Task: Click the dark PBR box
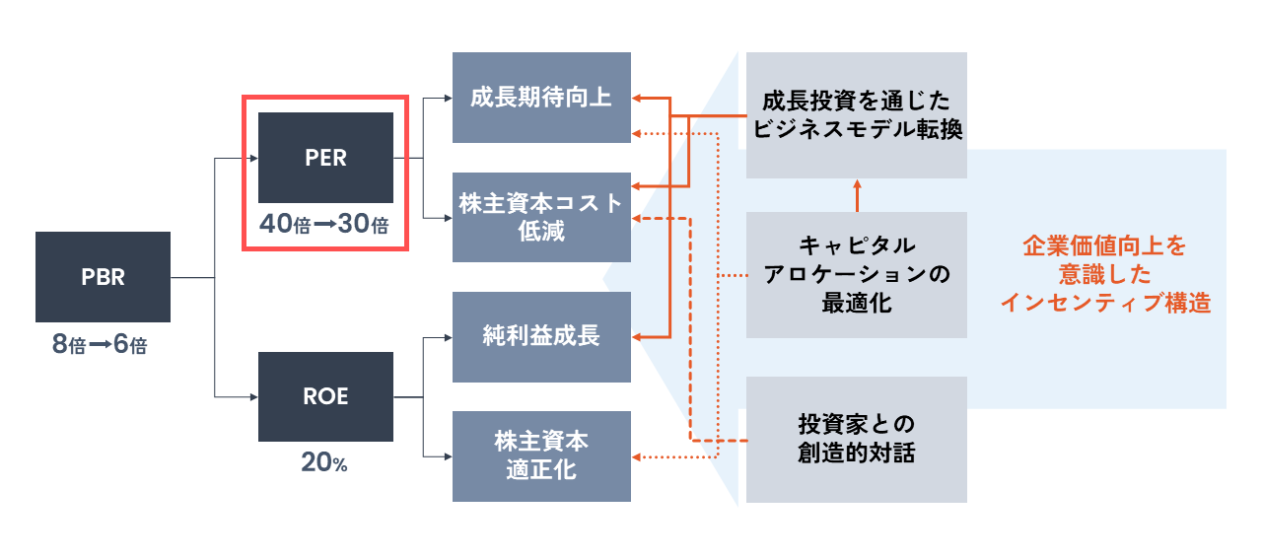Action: [103, 277]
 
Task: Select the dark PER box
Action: [325, 158]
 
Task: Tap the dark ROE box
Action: [325, 396]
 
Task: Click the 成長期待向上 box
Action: [541, 98]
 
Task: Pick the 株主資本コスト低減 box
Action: [541, 217]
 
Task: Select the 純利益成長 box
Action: [541, 336]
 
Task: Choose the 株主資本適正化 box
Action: [541, 455]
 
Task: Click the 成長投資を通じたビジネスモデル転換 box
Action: [856, 115]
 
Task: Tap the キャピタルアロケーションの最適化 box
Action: [856, 274]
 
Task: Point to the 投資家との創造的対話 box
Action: [856, 439]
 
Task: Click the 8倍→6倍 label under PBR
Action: [100, 346]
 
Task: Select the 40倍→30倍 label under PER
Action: [324, 225]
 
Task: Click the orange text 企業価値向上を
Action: [1103, 246]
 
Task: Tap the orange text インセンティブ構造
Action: [1103, 303]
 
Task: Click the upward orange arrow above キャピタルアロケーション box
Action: [857, 185]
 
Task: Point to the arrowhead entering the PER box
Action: [251, 158]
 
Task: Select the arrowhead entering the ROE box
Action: [251, 396]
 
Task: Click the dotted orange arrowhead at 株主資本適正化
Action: [637, 456]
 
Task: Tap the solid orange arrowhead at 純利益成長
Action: [637, 337]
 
